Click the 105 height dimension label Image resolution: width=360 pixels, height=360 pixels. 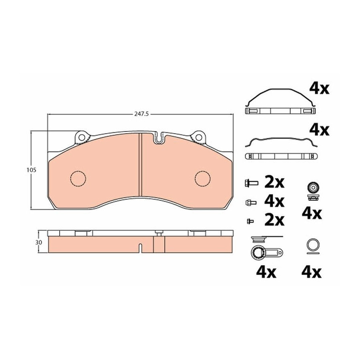pyautogui.click(x=32, y=170)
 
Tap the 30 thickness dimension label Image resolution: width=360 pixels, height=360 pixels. pyautogui.click(x=39, y=242)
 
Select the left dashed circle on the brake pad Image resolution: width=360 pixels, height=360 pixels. pyautogui.click(x=78, y=178)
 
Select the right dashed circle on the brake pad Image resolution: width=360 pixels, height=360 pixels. pyautogui.click(x=203, y=178)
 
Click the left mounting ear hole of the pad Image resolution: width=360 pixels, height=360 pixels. pyautogui.click(x=82, y=137)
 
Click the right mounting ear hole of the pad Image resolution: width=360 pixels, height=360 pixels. pyautogui.click(x=198, y=137)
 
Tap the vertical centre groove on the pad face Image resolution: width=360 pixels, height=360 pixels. pyautogui.click(x=140, y=165)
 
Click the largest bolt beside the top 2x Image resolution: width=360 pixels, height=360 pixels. pyautogui.click(x=251, y=183)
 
